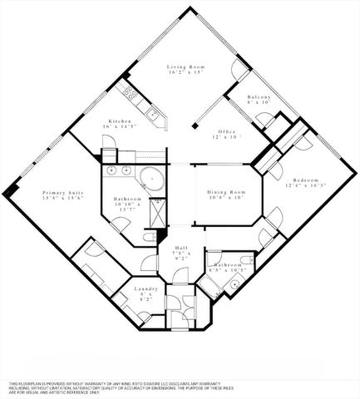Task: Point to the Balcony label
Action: click(260, 98)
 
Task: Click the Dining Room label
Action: click(226, 193)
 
